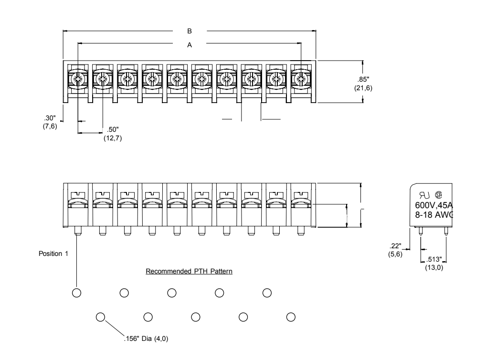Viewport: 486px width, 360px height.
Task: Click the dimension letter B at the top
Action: coord(190,31)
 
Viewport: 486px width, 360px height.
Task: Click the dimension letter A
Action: coord(190,45)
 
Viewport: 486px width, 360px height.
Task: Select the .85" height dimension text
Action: coord(363,79)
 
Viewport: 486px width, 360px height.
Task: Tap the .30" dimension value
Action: coord(50,118)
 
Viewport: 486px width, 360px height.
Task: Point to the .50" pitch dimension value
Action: coord(113,129)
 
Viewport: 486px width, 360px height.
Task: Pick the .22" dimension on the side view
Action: coord(395,246)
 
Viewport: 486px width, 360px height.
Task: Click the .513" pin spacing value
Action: coord(434,259)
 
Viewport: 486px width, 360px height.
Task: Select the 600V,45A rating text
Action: coord(434,205)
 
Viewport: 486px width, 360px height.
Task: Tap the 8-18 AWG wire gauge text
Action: coord(434,214)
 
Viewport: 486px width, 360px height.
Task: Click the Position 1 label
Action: coord(53,254)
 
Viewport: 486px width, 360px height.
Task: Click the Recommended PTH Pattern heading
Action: coord(189,271)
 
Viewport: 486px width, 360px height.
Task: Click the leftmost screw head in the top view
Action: coord(78,80)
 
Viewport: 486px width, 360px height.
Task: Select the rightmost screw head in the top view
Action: coord(301,80)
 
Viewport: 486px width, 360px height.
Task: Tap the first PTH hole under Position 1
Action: coord(76,293)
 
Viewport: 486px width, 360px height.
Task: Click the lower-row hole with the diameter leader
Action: coord(100,317)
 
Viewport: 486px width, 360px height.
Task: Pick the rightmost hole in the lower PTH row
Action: coord(291,317)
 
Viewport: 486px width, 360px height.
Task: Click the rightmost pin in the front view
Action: coord(301,231)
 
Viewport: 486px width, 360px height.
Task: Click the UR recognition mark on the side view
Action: coord(424,195)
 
